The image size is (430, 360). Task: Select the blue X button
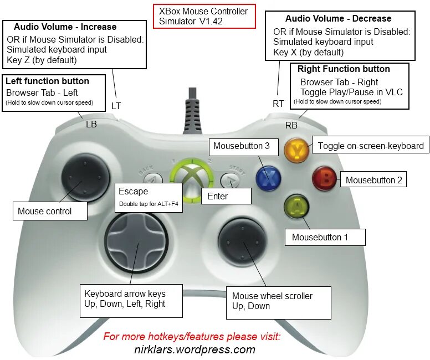click(268, 177)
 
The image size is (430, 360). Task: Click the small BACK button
click(153, 178)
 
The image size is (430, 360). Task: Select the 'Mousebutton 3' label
click(242, 146)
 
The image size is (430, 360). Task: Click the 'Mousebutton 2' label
click(374, 180)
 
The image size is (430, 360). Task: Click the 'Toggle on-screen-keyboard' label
click(370, 146)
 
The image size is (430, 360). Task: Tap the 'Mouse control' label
click(50, 211)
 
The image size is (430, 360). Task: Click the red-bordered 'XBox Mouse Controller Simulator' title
click(203, 16)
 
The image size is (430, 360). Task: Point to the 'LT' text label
click(116, 105)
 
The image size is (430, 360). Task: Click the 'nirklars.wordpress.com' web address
click(194, 349)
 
